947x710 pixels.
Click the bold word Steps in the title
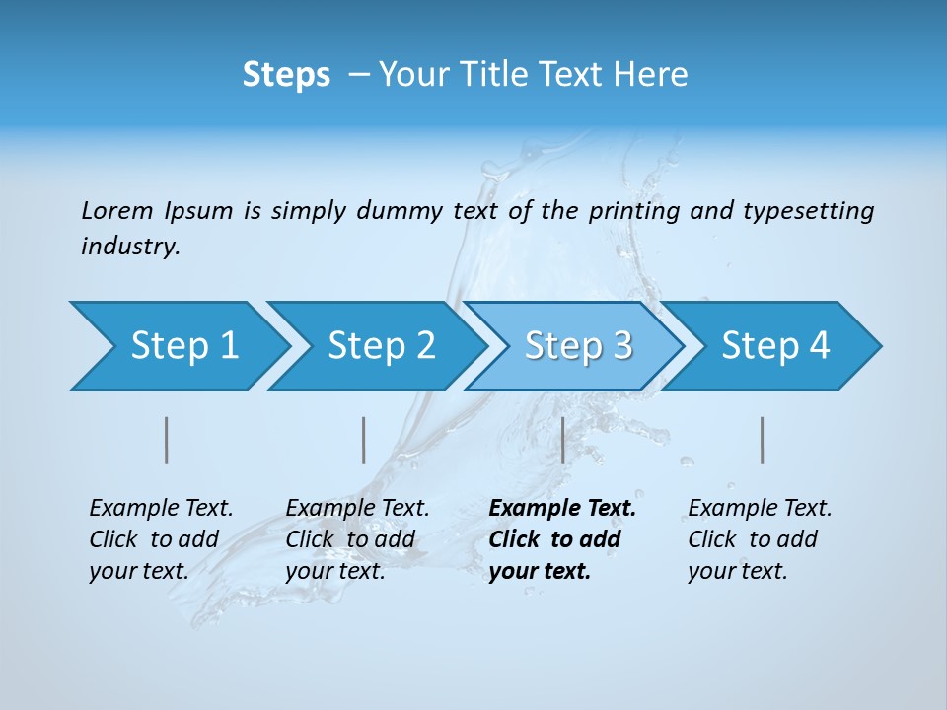pos(286,75)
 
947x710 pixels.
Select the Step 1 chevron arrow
pos(178,346)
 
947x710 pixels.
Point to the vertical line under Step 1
pos(167,440)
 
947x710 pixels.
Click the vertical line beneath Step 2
pos(364,440)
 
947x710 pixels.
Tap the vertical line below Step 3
pos(562,440)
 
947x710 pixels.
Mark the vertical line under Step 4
pos(763,440)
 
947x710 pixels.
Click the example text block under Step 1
pos(161,539)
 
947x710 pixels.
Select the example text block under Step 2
pos(357,539)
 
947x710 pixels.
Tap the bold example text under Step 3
pos(562,539)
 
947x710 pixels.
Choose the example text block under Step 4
pos(760,539)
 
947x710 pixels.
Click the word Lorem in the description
pos(117,211)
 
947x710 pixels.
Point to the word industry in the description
pos(130,247)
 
